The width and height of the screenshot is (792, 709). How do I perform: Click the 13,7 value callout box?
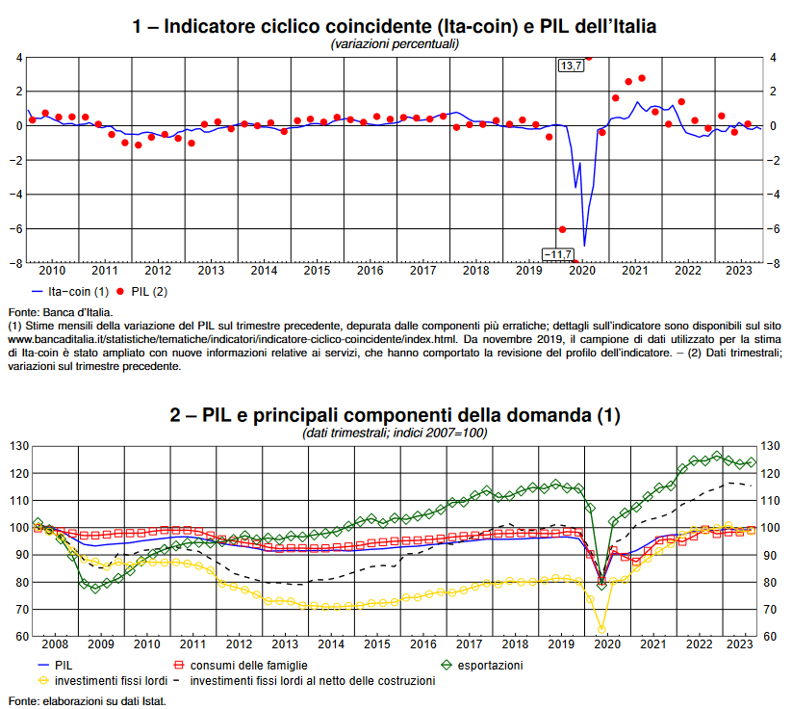point(571,65)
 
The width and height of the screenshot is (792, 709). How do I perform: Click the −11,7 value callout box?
point(557,254)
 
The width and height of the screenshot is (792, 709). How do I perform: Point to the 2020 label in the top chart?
point(581,271)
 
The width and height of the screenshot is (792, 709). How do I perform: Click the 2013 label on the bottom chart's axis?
point(284,643)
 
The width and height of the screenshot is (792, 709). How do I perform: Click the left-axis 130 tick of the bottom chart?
point(18,446)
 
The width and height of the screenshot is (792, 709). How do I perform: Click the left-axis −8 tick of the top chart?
point(15,263)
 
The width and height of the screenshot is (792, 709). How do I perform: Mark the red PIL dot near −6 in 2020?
point(563,229)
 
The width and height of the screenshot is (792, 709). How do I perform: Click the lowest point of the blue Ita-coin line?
point(584,246)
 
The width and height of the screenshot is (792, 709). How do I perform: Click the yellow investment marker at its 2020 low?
point(601,629)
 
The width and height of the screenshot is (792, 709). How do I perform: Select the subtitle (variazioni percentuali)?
point(395,44)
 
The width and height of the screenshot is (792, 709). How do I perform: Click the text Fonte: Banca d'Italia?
point(60,312)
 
